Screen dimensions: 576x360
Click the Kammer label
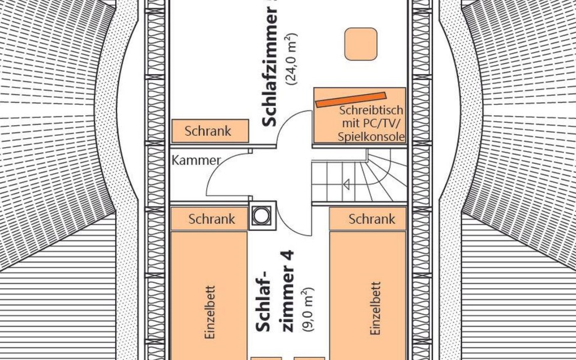point(196,160)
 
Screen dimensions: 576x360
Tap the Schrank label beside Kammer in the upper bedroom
point(208,131)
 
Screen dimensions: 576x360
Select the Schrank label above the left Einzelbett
point(212,219)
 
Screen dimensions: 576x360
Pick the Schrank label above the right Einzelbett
point(372,219)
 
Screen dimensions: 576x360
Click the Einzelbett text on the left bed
point(210,312)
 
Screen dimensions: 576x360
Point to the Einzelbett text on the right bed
point(375,308)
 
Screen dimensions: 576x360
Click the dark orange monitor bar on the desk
point(351,99)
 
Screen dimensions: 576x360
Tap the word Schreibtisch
point(371,110)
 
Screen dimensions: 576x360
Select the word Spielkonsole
point(371,137)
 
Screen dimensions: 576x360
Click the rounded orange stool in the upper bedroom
point(361,44)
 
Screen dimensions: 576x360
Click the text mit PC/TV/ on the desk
point(371,123)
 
